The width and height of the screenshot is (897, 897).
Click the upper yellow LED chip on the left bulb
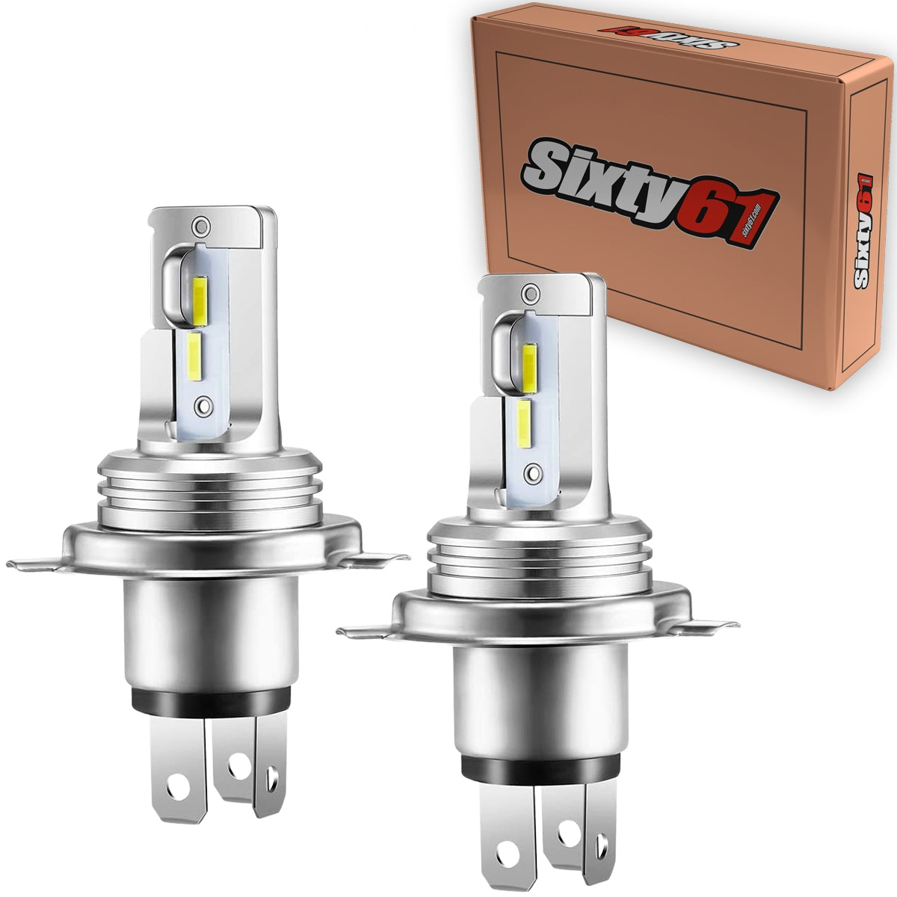(x=200, y=294)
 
